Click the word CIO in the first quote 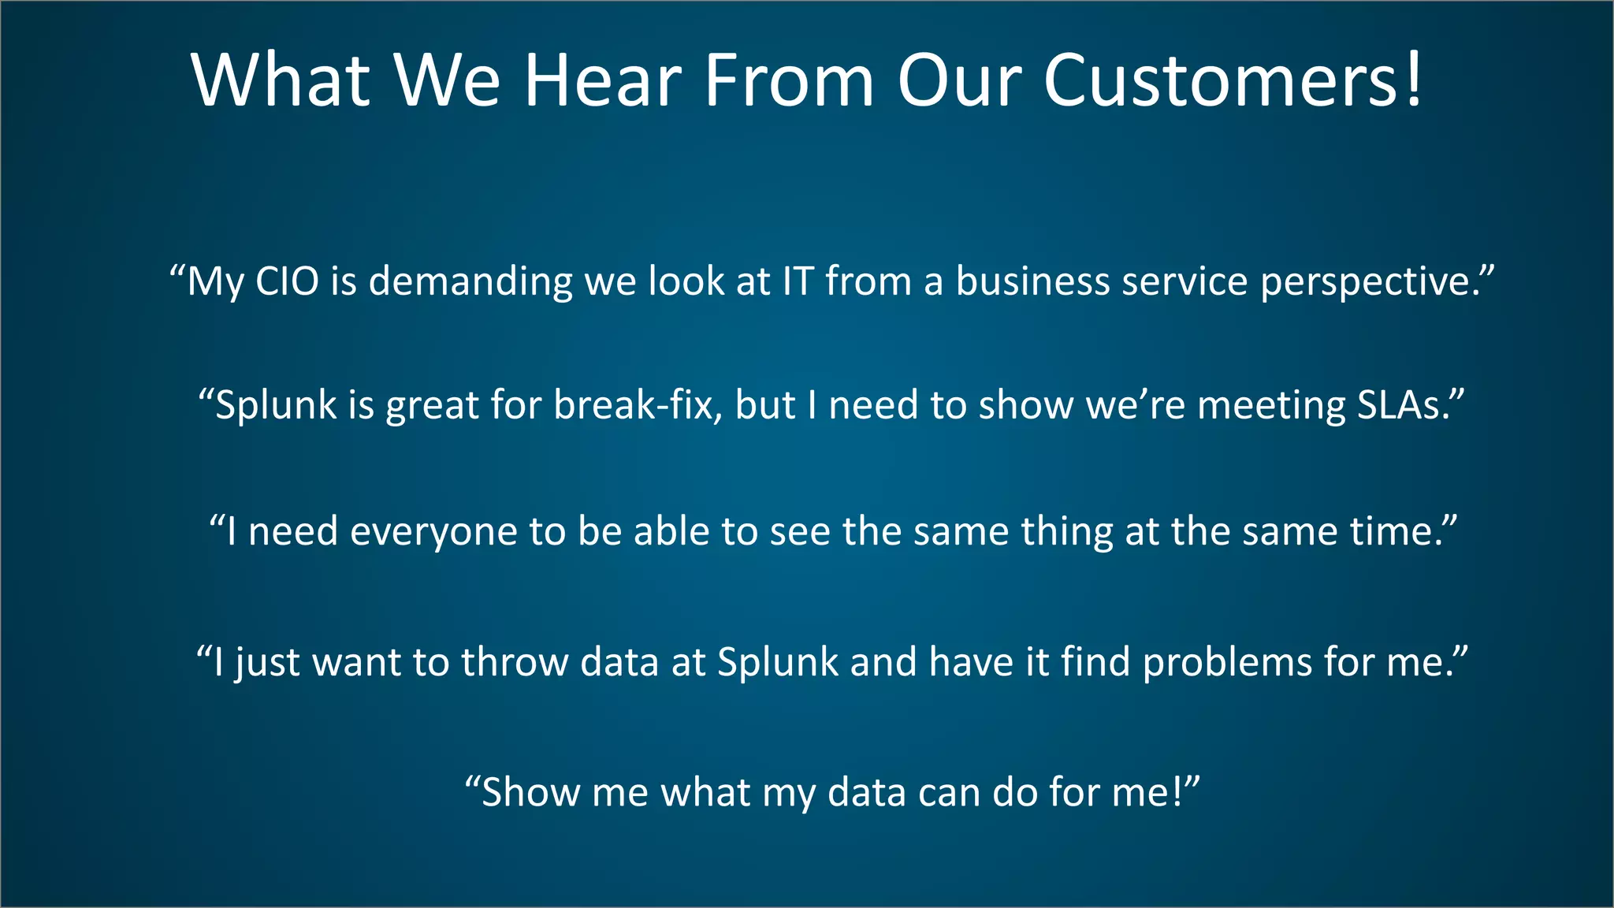tap(287, 281)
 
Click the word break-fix tap(636, 405)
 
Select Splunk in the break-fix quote tap(276, 407)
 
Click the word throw tap(515, 662)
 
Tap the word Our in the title tap(960, 80)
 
